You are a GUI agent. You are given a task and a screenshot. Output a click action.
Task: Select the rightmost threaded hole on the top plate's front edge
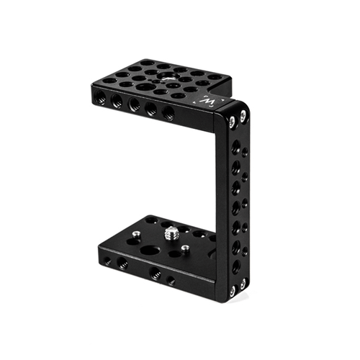click(168, 112)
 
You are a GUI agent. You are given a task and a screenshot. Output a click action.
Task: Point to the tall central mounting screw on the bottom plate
click(172, 233)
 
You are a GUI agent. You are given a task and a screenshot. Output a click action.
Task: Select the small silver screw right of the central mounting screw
click(185, 248)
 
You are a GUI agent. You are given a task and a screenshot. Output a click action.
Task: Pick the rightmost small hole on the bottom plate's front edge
click(171, 279)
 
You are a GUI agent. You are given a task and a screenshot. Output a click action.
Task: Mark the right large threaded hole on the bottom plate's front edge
click(155, 273)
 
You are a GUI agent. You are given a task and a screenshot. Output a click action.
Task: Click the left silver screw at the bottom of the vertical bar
click(233, 291)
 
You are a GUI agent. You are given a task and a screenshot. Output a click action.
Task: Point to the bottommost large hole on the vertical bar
click(236, 266)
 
